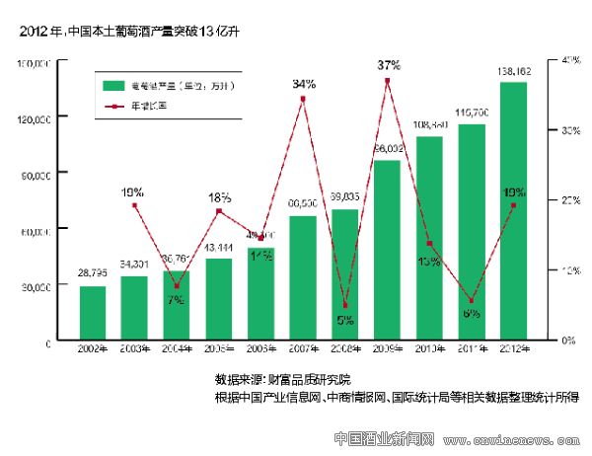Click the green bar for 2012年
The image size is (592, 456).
(x=513, y=211)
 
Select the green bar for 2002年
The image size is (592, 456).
(x=93, y=313)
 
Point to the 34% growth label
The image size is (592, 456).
(x=303, y=84)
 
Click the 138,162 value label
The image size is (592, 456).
(x=513, y=72)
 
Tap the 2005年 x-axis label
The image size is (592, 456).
(x=219, y=348)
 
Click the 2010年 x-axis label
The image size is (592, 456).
(x=429, y=348)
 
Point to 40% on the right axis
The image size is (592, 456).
(x=570, y=60)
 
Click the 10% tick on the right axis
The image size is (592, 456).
(x=570, y=269)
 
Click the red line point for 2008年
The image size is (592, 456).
(x=345, y=306)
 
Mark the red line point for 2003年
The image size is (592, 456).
(x=135, y=204)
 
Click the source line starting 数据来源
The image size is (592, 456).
(x=282, y=380)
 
